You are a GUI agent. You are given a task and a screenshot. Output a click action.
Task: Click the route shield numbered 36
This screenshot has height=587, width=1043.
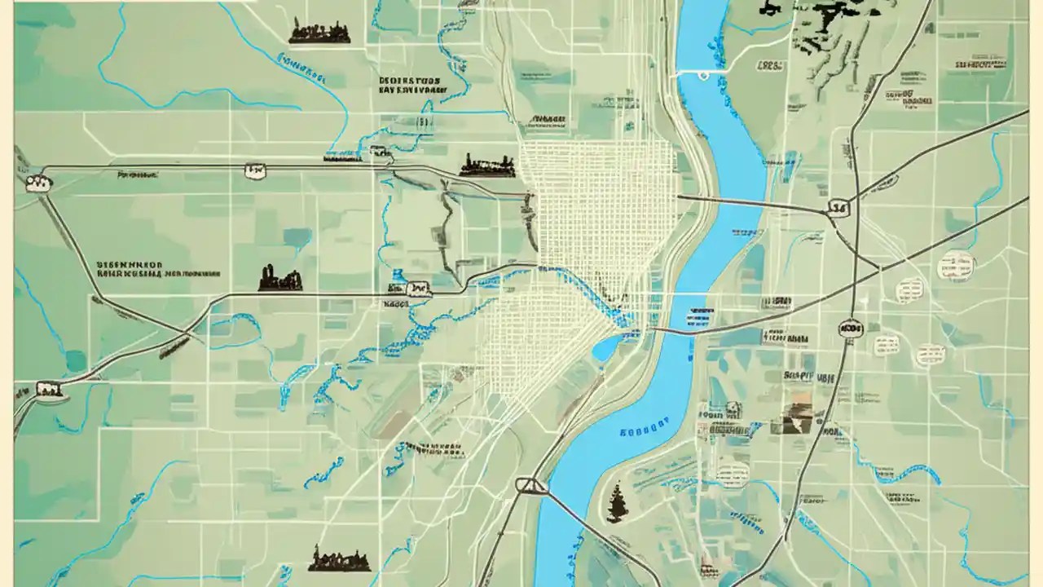pyautogui.click(x=837, y=209)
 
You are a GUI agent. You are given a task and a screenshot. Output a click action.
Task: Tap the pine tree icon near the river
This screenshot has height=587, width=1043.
pyautogui.click(x=617, y=501)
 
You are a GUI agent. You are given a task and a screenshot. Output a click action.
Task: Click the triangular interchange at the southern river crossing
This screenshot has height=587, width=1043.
pyautogui.click(x=531, y=486)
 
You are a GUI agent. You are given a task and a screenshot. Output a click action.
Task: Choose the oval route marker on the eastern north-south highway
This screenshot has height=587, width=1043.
pyautogui.click(x=850, y=328)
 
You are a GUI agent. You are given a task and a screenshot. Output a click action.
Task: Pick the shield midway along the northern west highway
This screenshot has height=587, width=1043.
pyautogui.click(x=254, y=170)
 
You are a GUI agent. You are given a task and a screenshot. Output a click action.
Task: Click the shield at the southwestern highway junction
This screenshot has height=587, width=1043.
pyautogui.click(x=51, y=390)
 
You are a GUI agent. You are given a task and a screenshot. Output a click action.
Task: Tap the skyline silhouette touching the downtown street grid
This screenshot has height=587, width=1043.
pyautogui.click(x=487, y=166)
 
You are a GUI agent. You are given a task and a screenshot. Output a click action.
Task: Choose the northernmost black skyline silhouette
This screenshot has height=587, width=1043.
pyautogui.click(x=319, y=32)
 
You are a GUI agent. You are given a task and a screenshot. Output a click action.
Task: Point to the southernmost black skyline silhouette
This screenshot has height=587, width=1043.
pyautogui.click(x=339, y=559)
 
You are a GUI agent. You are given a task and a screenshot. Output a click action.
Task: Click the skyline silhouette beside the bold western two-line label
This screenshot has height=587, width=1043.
pyautogui.click(x=279, y=279)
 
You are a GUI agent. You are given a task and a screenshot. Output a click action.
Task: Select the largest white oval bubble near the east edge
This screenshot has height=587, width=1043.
pyautogui.click(x=956, y=264)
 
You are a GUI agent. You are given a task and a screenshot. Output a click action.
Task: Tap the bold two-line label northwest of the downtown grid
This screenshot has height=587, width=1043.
pyautogui.click(x=410, y=86)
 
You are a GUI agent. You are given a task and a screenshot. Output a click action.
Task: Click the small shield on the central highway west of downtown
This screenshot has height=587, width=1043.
pyautogui.click(x=418, y=288)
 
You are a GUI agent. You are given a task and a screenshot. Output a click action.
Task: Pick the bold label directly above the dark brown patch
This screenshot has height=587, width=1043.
pyautogui.click(x=799, y=377)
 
